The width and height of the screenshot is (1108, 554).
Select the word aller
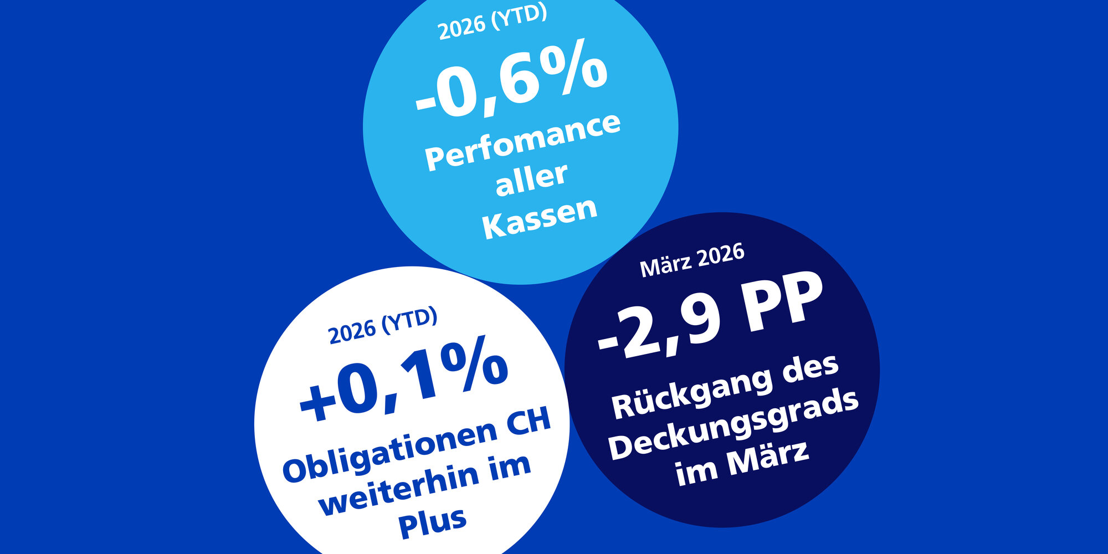tap(531, 179)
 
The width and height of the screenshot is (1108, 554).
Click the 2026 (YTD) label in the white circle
tap(383, 326)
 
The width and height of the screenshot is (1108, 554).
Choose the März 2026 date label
tap(692, 260)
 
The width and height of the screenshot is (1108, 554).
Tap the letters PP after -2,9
tap(783, 303)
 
